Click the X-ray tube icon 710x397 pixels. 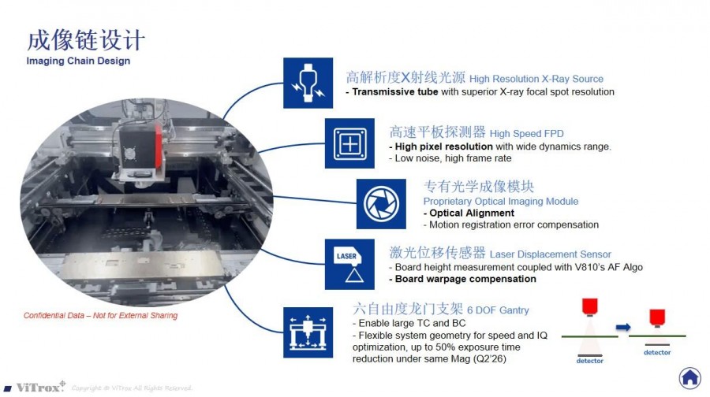click(308, 83)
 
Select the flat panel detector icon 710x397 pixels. click(349, 143)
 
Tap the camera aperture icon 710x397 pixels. click(381, 204)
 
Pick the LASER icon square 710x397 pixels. click(349, 265)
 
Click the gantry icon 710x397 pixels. click(308, 332)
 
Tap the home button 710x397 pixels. click(689, 377)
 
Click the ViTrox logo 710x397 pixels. click(35, 387)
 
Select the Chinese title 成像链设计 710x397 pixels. click(86, 40)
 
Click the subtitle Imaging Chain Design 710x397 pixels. click(78, 61)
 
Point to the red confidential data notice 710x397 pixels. click(100, 316)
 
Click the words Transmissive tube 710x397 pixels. click(395, 92)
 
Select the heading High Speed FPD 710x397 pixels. click(527, 134)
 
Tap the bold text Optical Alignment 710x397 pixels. click(472, 213)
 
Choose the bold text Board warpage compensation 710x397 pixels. click(465, 279)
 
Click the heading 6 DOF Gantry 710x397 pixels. click(498, 310)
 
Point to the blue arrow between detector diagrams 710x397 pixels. click(623, 327)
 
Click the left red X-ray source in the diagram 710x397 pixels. click(589, 306)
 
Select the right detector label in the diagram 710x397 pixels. click(657, 352)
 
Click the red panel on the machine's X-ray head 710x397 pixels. click(158, 145)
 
